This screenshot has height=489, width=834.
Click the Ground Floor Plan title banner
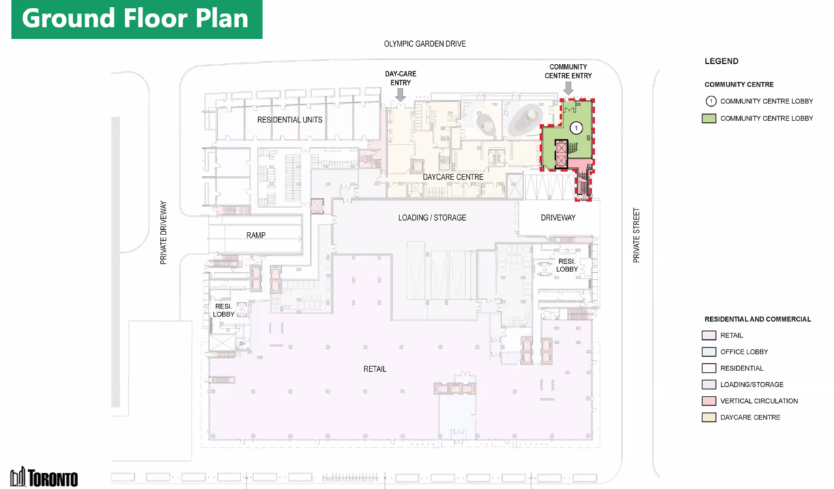137,19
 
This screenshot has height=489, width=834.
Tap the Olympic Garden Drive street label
425,44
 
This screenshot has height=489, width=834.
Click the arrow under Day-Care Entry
400,94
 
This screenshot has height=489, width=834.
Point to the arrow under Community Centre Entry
568,88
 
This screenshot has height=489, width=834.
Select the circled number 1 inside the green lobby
576,128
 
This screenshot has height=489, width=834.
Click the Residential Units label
290,120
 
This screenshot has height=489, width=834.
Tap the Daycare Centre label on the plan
453,177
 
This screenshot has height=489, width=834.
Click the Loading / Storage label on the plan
432,217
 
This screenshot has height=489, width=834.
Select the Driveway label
558,217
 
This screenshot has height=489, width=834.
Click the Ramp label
256,235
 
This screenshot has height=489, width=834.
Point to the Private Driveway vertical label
164,233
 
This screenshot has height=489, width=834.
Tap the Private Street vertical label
637,235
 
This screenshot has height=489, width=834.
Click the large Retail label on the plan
375,369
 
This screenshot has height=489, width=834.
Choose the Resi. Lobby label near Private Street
567,266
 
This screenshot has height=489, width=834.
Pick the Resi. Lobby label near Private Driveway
223,311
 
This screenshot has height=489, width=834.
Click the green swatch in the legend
709,119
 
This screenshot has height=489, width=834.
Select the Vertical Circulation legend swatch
709,401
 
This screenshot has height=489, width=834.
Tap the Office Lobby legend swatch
709,352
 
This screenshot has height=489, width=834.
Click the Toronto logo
44,477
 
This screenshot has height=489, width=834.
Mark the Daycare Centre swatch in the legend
709,417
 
